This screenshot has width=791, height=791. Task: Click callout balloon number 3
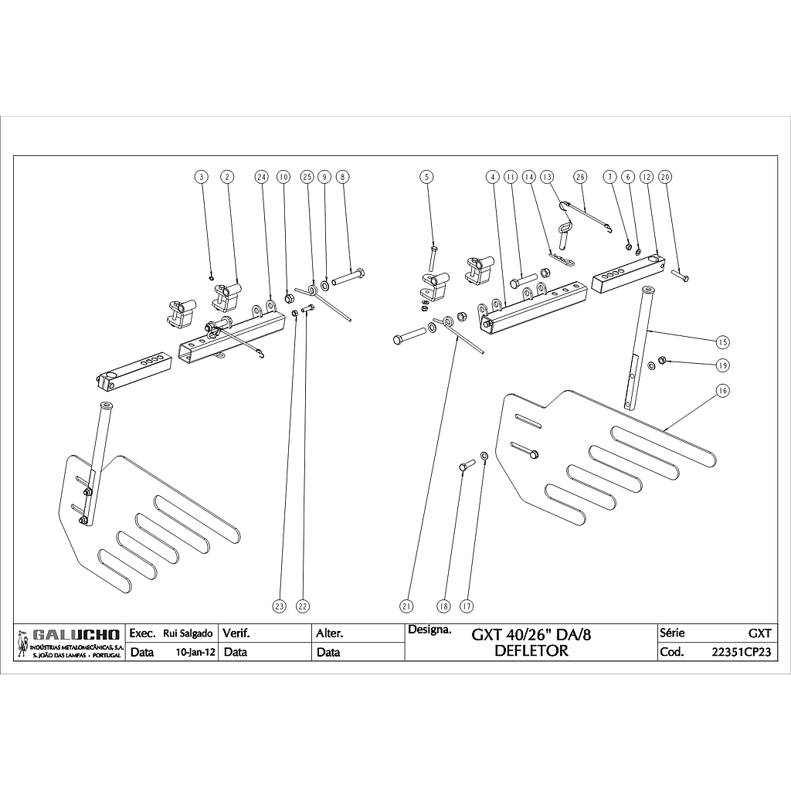click(x=202, y=177)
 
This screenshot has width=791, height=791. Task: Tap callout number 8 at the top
click(x=343, y=177)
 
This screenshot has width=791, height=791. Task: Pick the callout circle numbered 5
click(x=427, y=177)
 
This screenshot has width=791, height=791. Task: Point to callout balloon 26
click(x=581, y=177)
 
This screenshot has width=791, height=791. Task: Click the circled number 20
click(x=666, y=177)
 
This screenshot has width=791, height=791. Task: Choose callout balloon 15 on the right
click(x=722, y=341)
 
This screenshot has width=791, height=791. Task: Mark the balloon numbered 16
click(x=722, y=391)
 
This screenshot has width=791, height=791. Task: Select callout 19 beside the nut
click(x=722, y=364)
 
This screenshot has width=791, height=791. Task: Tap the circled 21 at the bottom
click(x=407, y=606)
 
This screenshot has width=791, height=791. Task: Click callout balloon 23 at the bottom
click(x=280, y=606)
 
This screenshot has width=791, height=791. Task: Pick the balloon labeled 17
click(x=467, y=606)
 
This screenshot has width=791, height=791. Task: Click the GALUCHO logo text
click(x=76, y=634)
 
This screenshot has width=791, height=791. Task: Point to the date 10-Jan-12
click(x=195, y=652)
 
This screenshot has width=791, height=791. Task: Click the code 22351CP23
click(x=741, y=652)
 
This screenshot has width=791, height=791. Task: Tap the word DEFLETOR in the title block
click(x=531, y=650)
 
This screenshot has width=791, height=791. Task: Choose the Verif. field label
click(x=236, y=633)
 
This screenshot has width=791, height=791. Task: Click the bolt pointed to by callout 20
click(x=681, y=276)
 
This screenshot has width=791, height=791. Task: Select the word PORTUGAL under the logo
click(x=104, y=655)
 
